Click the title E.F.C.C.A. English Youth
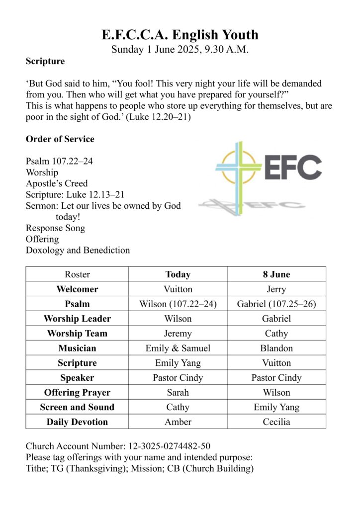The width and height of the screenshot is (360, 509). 180,35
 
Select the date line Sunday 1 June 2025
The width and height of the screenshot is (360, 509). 180,49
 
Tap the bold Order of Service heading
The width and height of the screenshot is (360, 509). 60,139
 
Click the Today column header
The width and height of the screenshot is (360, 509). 178,274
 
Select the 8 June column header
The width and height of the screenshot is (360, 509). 276,274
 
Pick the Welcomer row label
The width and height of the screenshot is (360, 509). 77,289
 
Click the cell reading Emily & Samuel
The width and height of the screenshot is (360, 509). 178,348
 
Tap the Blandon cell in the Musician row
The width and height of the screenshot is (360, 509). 276,348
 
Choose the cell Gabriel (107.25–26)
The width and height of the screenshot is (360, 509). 276,304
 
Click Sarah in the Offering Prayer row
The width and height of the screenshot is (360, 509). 178,393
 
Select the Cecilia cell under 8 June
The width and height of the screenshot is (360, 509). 276,422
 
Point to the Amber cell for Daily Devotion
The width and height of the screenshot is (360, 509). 178,422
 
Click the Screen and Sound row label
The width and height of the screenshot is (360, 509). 77,407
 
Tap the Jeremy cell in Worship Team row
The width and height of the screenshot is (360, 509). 178,334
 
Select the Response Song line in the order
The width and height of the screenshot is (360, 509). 55,228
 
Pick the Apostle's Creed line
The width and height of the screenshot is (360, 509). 57,184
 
